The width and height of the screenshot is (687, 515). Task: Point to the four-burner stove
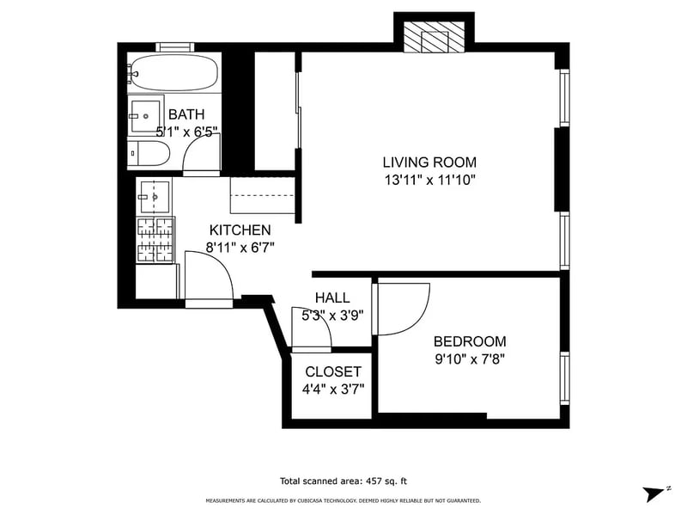(155, 240)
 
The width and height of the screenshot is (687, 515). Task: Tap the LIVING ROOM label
(429, 162)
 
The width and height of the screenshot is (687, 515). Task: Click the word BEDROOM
(469, 341)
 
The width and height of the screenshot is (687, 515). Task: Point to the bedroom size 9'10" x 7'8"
(469, 359)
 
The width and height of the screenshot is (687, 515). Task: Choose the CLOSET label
(333, 371)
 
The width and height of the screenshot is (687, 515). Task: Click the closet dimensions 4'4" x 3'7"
(333, 389)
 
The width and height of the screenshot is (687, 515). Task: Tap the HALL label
(331, 297)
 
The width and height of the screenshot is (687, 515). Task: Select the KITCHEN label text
(240, 230)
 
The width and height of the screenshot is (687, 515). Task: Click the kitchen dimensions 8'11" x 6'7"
(240, 248)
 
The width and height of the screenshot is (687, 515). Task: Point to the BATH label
(185, 114)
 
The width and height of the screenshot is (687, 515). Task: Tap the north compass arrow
(655, 493)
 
